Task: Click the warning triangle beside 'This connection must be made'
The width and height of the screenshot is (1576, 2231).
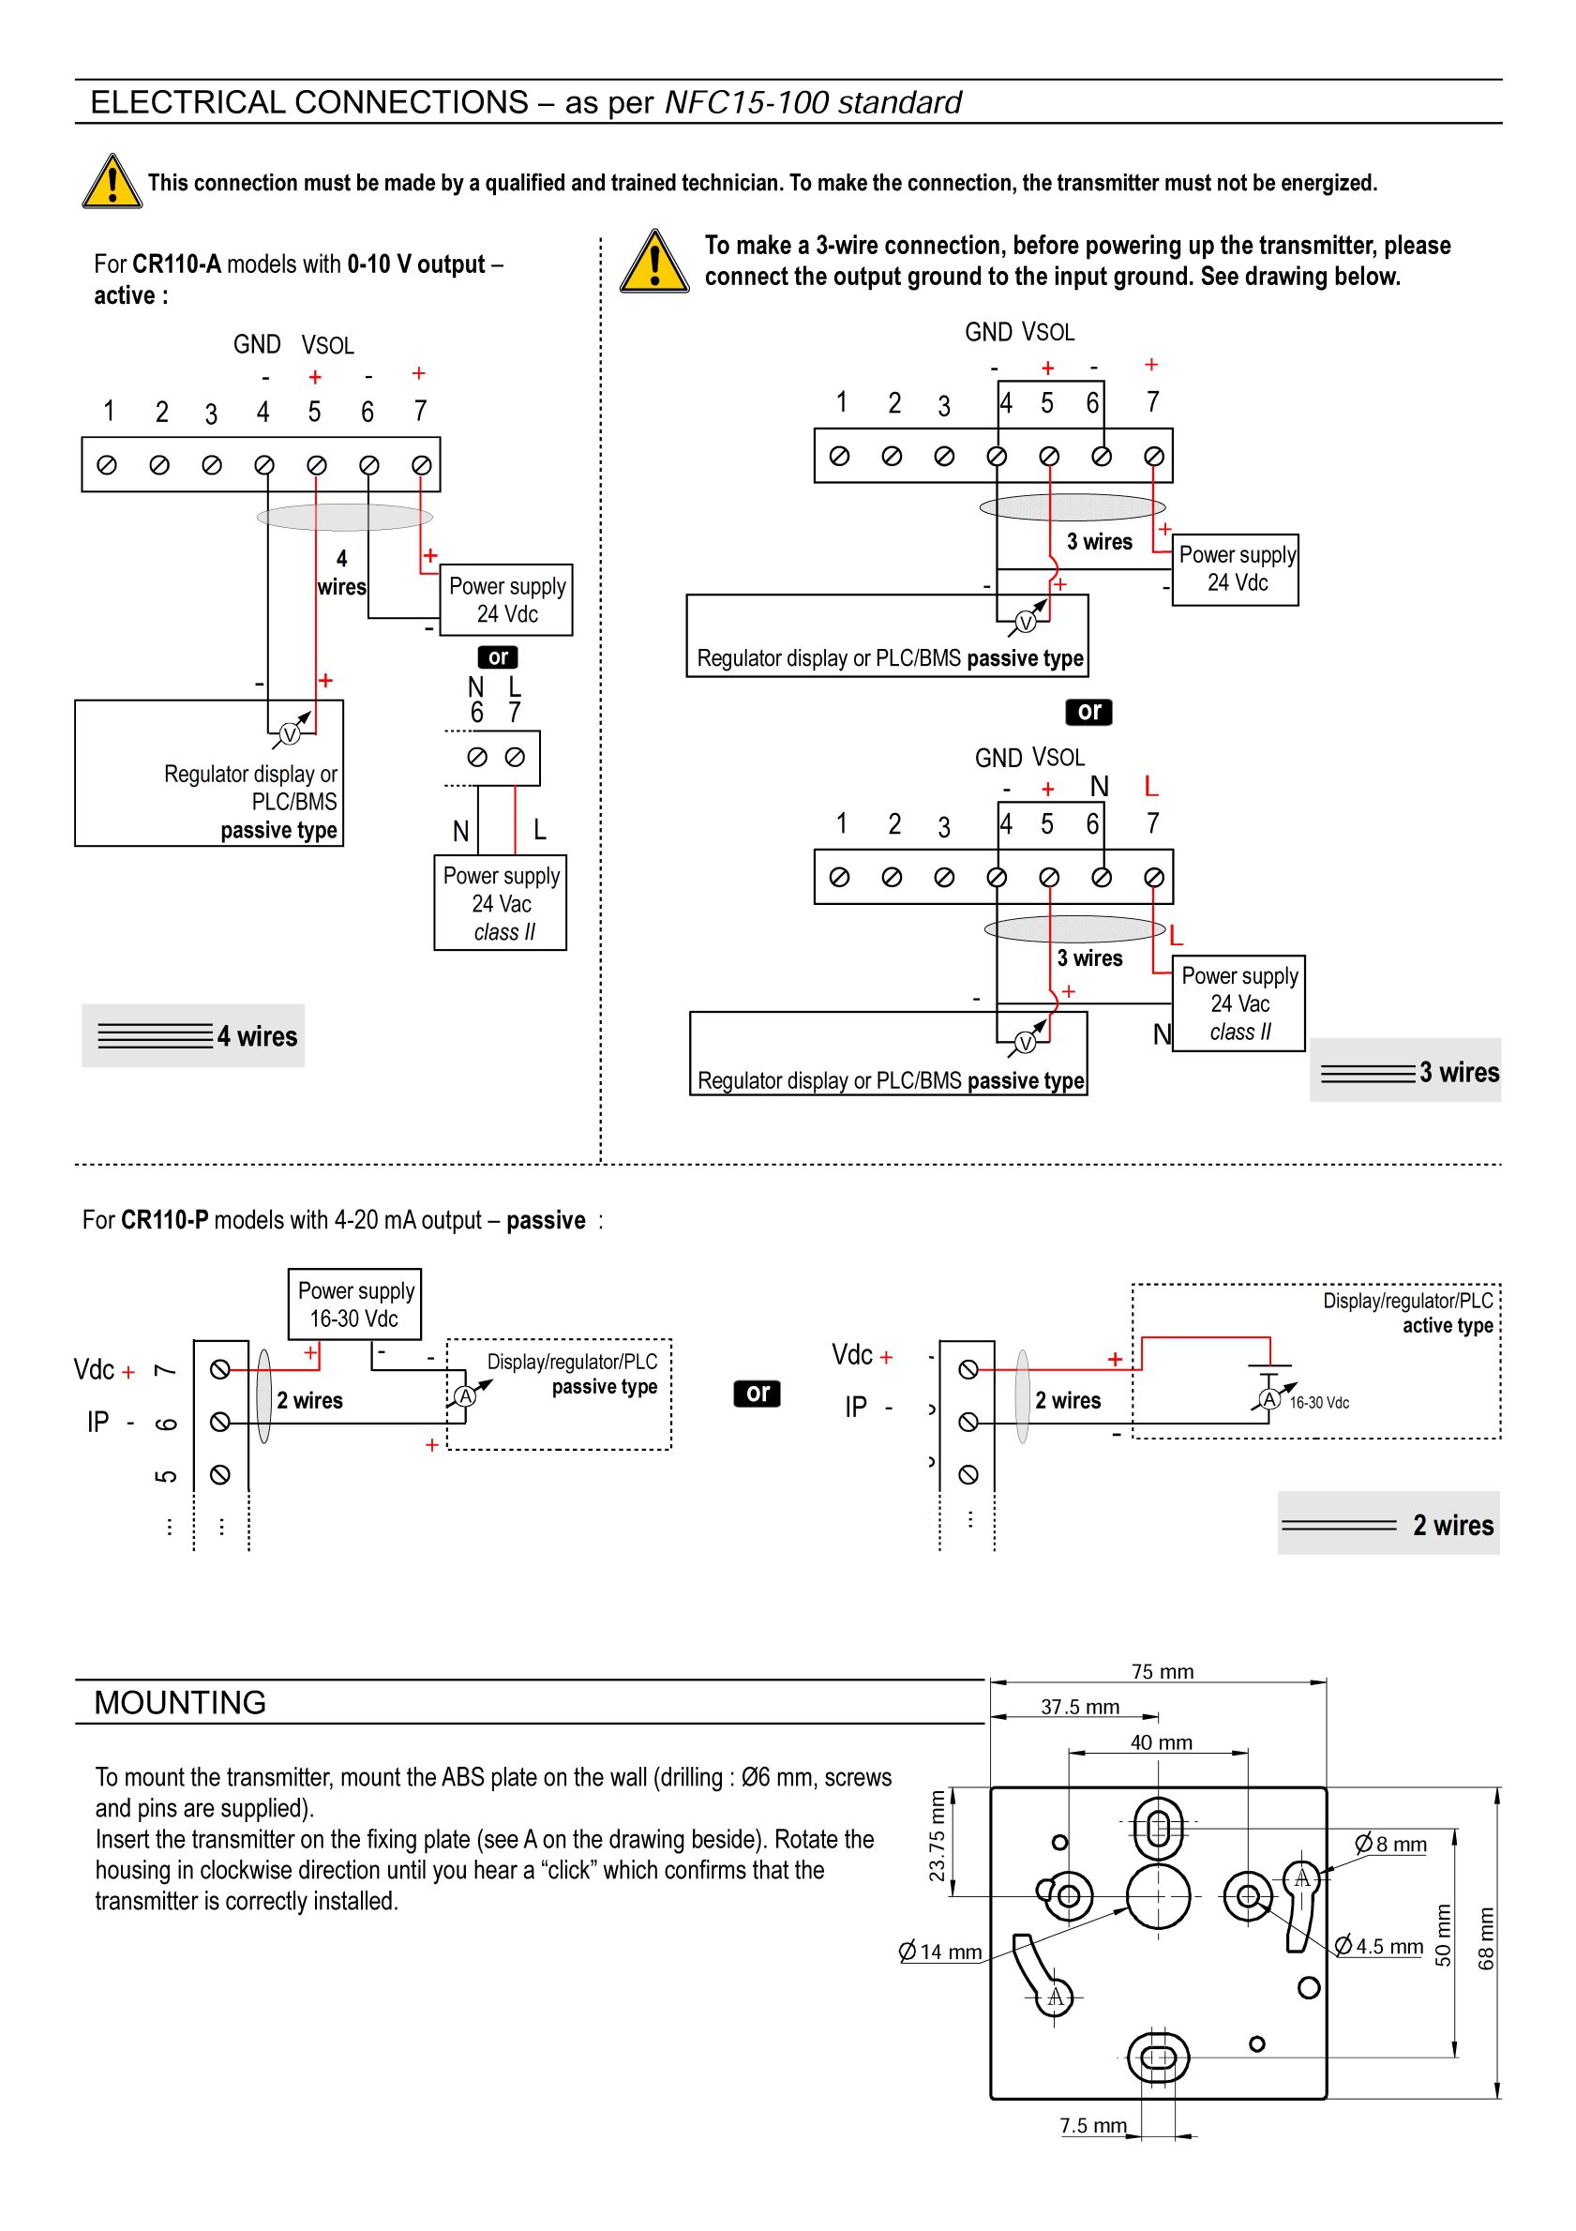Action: (113, 182)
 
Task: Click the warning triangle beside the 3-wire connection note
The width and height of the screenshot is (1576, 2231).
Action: (655, 262)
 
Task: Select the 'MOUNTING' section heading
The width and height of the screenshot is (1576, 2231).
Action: (180, 1702)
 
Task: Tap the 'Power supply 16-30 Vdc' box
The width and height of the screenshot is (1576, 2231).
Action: (354, 1304)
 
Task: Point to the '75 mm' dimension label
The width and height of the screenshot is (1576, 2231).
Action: (1163, 1671)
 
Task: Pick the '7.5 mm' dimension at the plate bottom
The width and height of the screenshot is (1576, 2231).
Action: (1093, 2125)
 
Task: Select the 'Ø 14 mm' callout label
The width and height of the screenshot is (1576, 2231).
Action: (940, 1952)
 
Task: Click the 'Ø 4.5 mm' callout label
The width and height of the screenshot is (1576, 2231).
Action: (1379, 1945)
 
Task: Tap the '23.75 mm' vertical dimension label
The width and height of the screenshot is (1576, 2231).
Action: (937, 1835)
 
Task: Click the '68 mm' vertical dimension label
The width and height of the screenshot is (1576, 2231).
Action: (1486, 1938)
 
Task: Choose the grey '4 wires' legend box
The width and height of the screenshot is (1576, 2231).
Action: (193, 1036)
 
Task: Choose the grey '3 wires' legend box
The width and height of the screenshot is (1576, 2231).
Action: (1405, 1070)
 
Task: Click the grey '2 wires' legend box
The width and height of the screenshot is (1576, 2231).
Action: (1388, 1524)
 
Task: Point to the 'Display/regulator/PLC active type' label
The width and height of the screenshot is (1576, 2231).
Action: (1408, 1313)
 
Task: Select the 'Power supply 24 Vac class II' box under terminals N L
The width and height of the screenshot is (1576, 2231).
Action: (501, 903)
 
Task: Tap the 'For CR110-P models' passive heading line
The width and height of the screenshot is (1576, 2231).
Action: (343, 1220)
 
